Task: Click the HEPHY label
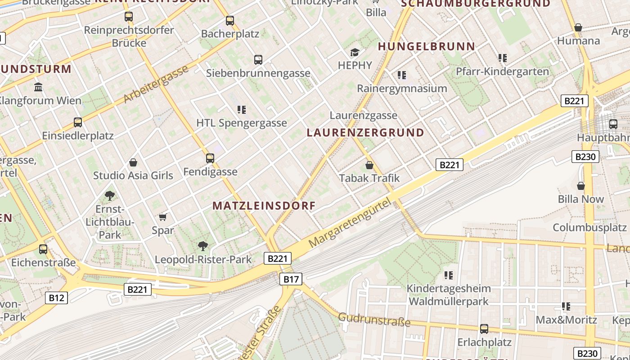click(x=355, y=65)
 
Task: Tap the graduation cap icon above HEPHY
click(x=355, y=53)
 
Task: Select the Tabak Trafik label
click(x=369, y=178)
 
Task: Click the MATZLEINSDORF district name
click(x=264, y=206)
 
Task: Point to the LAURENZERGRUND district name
click(x=365, y=132)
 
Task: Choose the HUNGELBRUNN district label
click(x=427, y=46)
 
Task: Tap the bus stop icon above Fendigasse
click(x=210, y=158)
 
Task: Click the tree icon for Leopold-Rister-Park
click(x=203, y=246)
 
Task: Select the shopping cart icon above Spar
click(x=163, y=217)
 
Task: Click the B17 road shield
click(x=291, y=279)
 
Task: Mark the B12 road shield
click(x=56, y=297)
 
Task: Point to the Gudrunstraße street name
click(x=374, y=319)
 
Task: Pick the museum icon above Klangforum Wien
click(x=38, y=86)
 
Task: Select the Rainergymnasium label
click(x=402, y=88)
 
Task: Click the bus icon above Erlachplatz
click(x=484, y=329)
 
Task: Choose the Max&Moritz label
click(x=566, y=320)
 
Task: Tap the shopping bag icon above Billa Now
click(x=581, y=185)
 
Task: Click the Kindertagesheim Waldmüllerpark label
click(x=448, y=294)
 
